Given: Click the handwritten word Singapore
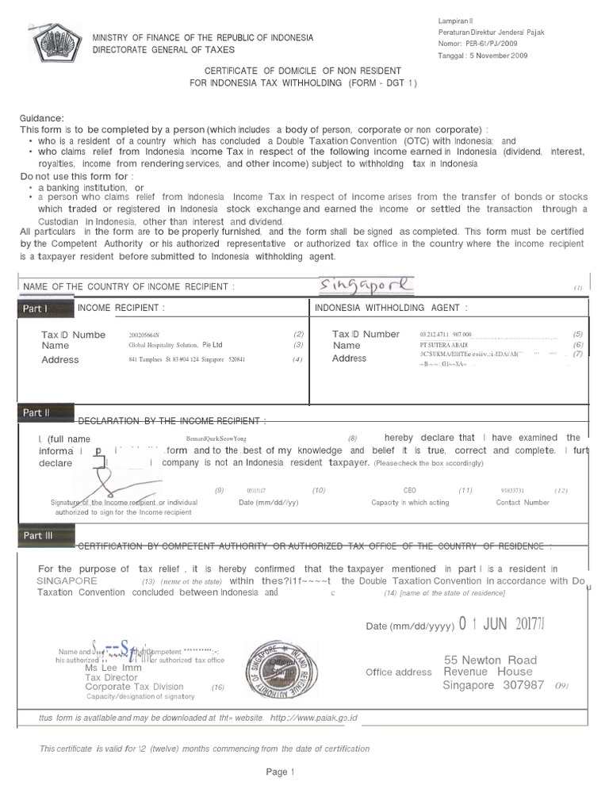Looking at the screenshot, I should [x=366, y=284].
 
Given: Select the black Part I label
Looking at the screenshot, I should [x=36, y=308].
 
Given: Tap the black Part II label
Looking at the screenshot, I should [x=36, y=412].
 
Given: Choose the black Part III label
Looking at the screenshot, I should [x=37, y=536].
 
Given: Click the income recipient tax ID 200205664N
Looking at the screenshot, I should [x=149, y=335].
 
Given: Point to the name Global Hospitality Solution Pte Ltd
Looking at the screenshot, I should [x=175, y=346].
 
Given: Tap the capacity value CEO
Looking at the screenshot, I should [x=409, y=491].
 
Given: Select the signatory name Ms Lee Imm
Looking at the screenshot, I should [x=107, y=668].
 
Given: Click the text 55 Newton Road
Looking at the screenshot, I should [x=490, y=660].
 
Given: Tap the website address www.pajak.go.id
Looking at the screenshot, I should [x=315, y=718].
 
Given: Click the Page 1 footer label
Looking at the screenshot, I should [x=280, y=772].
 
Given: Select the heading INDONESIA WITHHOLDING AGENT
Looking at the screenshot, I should [x=391, y=308].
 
